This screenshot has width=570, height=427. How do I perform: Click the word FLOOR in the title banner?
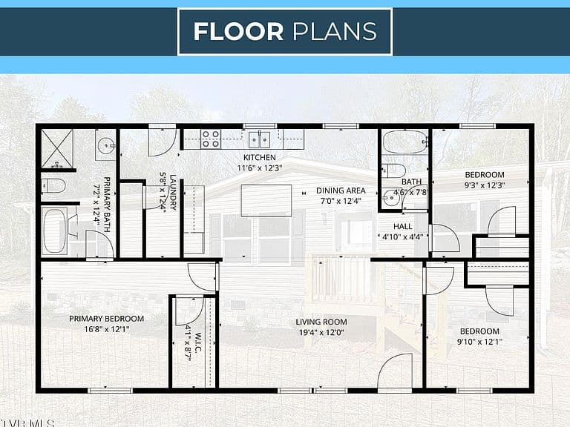click(238, 31)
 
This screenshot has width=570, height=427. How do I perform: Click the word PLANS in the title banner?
click(335, 31)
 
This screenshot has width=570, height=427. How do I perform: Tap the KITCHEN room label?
click(260, 158)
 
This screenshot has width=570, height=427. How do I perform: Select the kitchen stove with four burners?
click(211, 139)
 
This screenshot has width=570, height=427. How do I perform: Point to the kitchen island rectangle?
click(266, 200)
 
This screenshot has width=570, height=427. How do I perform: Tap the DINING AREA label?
click(341, 191)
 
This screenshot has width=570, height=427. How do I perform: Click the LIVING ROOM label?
click(321, 322)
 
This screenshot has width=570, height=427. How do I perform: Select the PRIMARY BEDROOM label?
click(107, 319)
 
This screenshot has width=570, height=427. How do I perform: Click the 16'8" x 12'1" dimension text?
click(107, 329)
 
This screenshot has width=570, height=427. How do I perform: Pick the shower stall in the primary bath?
click(56, 149)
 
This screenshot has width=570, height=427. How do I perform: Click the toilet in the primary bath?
click(53, 186)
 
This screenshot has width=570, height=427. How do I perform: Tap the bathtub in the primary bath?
click(54, 231)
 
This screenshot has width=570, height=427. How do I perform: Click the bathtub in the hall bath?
click(405, 142)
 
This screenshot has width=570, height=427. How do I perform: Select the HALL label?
click(403, 227)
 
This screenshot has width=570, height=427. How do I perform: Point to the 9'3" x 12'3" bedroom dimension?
click(485, 185)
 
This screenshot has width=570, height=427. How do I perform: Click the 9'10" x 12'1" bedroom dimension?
click(479, 342)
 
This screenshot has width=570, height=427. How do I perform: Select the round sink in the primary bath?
click(106, 145)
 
